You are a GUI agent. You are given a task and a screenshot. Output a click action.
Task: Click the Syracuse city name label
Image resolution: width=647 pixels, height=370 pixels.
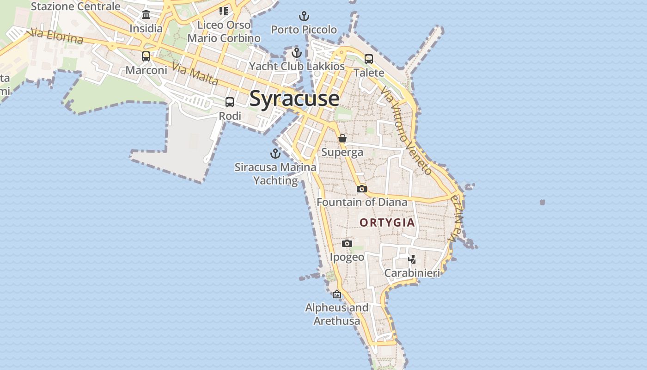(x=294, y=99)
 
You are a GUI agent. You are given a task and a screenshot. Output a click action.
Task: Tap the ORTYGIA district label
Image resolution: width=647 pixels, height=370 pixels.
(x=387, y=222)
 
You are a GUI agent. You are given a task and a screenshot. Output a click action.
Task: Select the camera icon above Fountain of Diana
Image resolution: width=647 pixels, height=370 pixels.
(x=361, y=189)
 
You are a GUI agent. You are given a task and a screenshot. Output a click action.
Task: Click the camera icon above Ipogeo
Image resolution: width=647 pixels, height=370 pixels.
(x=347, y=243)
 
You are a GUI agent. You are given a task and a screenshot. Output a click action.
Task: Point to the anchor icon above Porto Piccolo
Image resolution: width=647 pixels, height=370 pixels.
(x=304, y=17)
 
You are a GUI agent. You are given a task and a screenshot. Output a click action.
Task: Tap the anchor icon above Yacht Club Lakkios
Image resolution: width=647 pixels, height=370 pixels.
(x=297, y=53)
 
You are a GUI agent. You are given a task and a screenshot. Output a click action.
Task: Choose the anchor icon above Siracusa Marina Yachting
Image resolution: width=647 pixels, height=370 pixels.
(x=275, y=154)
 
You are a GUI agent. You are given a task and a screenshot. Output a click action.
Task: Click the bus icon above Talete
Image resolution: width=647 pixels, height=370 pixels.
(x=368, y=59)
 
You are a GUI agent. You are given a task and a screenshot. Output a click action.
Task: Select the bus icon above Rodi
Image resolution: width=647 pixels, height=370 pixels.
(x=230, y=102)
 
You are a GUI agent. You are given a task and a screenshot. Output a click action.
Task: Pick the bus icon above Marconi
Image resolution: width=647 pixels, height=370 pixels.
(x=146, y=56)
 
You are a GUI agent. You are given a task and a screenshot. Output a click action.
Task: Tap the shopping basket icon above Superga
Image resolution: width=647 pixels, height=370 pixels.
(x=342, y=138)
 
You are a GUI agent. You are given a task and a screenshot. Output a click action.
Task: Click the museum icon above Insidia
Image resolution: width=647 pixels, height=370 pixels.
(x=146, y=15)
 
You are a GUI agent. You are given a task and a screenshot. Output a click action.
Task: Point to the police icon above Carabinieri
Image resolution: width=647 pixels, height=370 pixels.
(x=412, y=259)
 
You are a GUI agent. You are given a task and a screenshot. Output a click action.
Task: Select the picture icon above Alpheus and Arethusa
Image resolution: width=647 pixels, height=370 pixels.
(x=337, y=294)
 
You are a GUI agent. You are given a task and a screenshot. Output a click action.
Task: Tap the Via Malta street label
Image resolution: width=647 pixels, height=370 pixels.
(x=195, y=74)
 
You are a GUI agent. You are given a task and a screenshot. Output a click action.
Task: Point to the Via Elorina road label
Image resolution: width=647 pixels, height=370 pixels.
(x=55, y=37)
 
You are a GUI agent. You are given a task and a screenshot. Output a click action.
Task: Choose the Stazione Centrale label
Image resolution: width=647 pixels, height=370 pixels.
(x=75, y=6)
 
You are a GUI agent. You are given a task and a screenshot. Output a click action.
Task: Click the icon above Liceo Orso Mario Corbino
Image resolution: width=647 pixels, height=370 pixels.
(x=224, y=11)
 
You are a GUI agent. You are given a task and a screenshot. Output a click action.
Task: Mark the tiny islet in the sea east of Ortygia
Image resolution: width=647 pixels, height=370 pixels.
(x=542, y=202)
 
